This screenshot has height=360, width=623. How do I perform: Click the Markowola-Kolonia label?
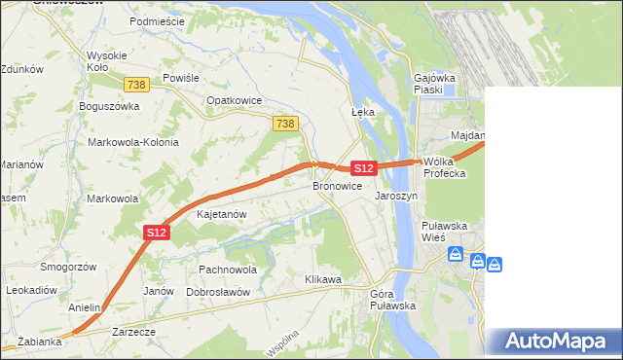pos(133,142)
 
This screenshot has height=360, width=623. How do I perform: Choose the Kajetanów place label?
pos(221,213)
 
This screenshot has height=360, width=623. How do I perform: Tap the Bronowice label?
pos(337,185)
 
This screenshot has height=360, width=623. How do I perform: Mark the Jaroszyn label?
pos(396,196)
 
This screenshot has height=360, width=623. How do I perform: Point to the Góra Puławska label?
pos(393,300)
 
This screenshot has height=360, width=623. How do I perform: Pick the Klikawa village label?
pos(323,279)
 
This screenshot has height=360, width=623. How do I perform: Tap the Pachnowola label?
pos(227,269)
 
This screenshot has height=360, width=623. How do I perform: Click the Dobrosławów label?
pos(218,292)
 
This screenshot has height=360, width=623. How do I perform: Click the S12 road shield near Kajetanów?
pos(158,232)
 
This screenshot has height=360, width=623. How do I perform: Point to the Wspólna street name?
pos(280,341)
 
